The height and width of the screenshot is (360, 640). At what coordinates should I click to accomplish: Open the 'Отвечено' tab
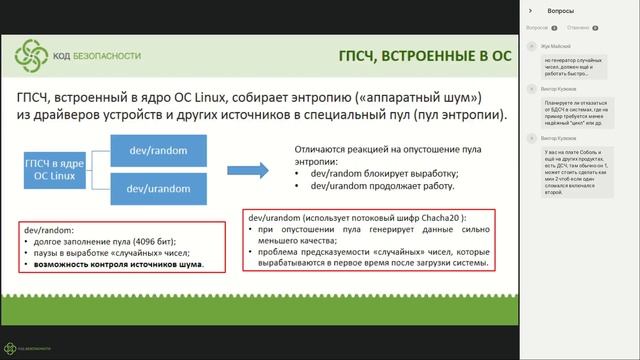tap(576, 28)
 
